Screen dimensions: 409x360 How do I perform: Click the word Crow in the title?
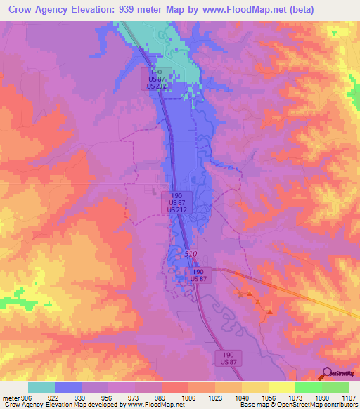pos(22,9)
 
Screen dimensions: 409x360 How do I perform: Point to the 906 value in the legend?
pos(22,397)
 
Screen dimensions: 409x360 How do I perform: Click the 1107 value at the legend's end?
pos(349,397)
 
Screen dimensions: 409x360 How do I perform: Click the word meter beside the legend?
pos(8,397)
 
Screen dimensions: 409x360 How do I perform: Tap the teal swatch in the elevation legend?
pos(41,387)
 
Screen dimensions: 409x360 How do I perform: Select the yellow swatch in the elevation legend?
pos(282,387)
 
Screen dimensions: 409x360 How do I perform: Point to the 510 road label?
pos(191,254)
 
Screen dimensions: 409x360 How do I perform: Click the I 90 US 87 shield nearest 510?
pos(198,275)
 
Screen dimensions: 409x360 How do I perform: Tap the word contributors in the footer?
pos(340,405)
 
